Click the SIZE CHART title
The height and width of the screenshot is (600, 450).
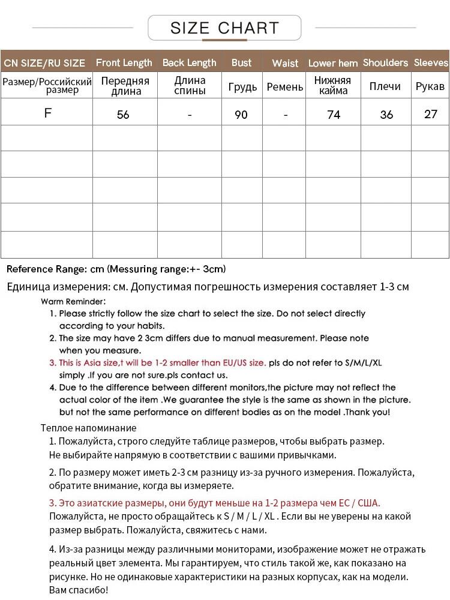pyautogui.click(x=224, y=28)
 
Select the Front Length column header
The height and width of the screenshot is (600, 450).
pyautogui.click(x=124, y=62)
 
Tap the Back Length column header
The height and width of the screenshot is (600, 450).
pyautogui.click(x=189, y=62)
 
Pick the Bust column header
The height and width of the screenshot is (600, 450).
pyautogui.click(x=241, y=62)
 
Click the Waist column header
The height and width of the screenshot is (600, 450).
pyautogui.click(x=285, y=63)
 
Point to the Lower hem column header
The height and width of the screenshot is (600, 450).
pyautogui.click(x=333, y=63)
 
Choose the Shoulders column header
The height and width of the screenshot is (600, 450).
pyautogui.click(x=385, y=62)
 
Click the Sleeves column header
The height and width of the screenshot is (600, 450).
pyautogui.click(x=431, y=62)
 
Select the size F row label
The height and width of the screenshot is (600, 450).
pyautogui.click(x=48, y=113)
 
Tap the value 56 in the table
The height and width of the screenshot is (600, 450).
pyautogui.click(x=123, y=114)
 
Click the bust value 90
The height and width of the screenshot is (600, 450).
pyautogui.click(x=241, y=114)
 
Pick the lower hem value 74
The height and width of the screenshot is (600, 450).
pyautogui.click(x=334, y=114)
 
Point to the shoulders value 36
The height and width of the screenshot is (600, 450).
pyautogui.click(x=386, y=114)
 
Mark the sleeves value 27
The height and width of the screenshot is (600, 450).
pyautogui.click(x=431, y=113)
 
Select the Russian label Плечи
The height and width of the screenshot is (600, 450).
pyautogui.click(x=385, y=86)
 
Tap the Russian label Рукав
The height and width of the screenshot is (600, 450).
pyautogui.click(x=430, y=86)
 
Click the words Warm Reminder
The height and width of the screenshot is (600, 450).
pyautogui.click(x=73, y=301)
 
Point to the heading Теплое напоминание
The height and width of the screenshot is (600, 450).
pyautogui.click(x=88, y=428)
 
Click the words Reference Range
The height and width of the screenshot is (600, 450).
pyautogui.click(x=41, y=269)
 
